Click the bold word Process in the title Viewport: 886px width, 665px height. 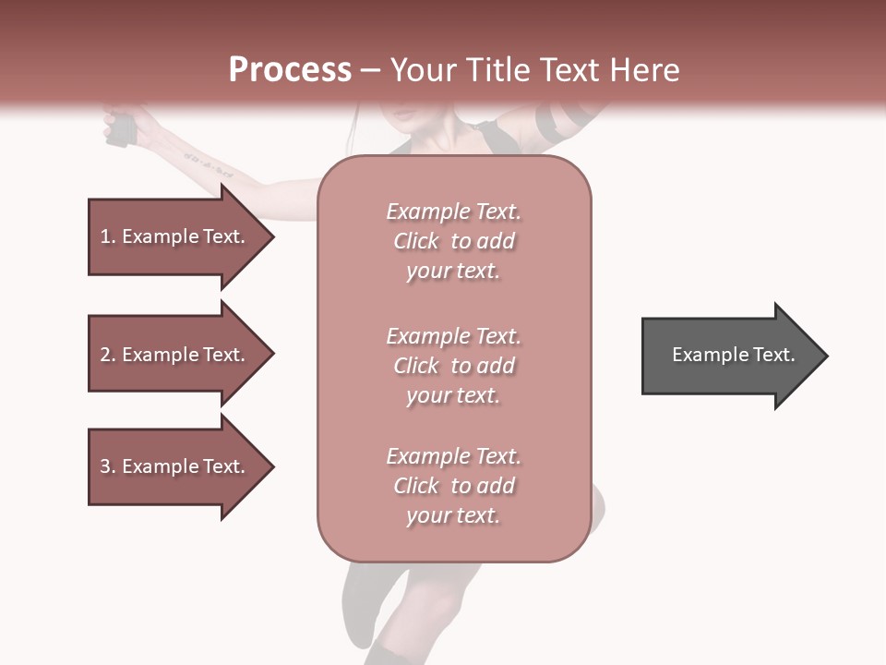coord(290,70)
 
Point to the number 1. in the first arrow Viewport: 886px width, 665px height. coord(108,236)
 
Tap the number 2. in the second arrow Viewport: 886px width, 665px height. coord(108,355)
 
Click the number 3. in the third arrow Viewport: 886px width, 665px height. coord(108,466)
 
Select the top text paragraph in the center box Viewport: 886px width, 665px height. coord(453,241)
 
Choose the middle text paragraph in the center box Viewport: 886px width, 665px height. coord(453,366)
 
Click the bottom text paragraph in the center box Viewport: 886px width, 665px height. coord(453,486)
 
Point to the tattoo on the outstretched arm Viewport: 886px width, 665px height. coord(208,164)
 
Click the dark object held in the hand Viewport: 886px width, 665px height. coord(120,129)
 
